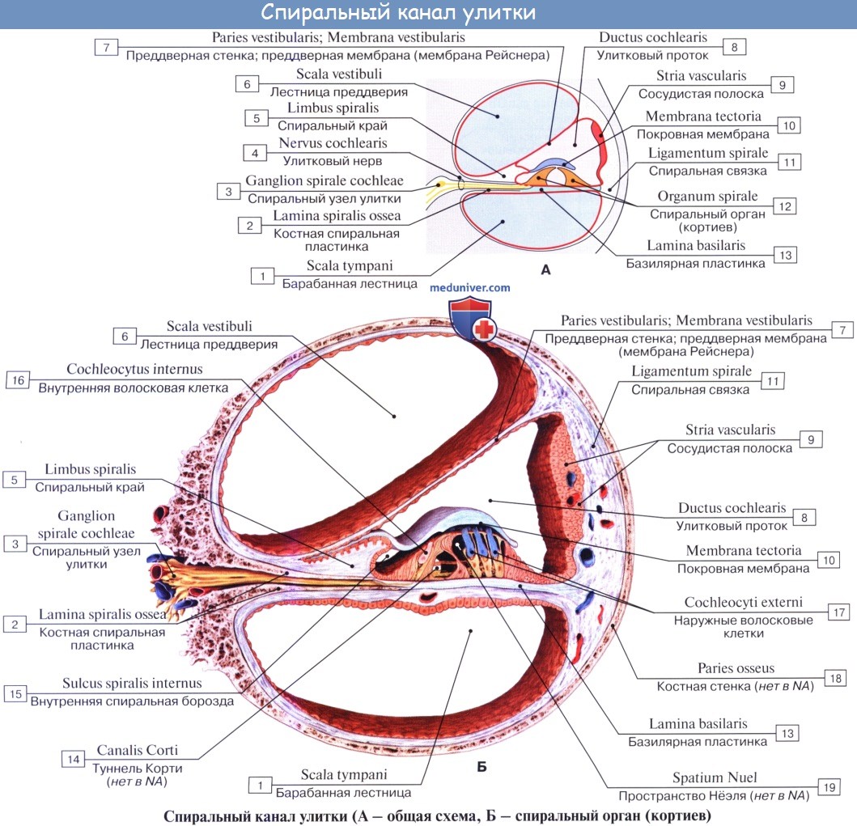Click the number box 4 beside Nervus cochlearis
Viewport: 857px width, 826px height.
[x=254, y=153]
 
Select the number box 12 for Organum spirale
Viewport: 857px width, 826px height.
[x=782, y=205]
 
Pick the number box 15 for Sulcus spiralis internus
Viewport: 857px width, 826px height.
[x=15, y=693]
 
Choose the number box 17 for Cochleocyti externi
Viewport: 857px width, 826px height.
[x=837, y=612]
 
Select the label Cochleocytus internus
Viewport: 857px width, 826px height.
[x=134, y=369]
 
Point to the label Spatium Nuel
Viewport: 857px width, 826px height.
[x=715, y=777]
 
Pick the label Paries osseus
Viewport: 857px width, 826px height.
[x=736, y=668]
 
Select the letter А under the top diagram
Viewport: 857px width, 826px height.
[x=545, y=270]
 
